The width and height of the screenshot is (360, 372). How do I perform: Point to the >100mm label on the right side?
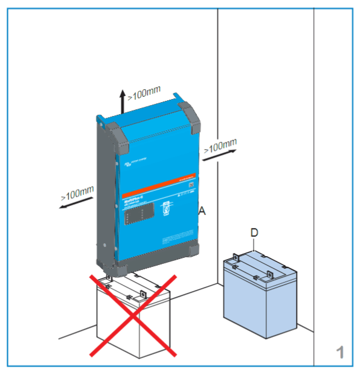click(x=220, y=145)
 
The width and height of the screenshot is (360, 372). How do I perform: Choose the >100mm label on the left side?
click(x=77, y=193)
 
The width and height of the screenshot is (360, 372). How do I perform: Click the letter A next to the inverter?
click(x=202, y=211)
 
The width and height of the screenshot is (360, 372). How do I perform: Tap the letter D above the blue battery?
click(x=255, y=232)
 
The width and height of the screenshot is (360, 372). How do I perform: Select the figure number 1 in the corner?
click(x=340, y=351)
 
